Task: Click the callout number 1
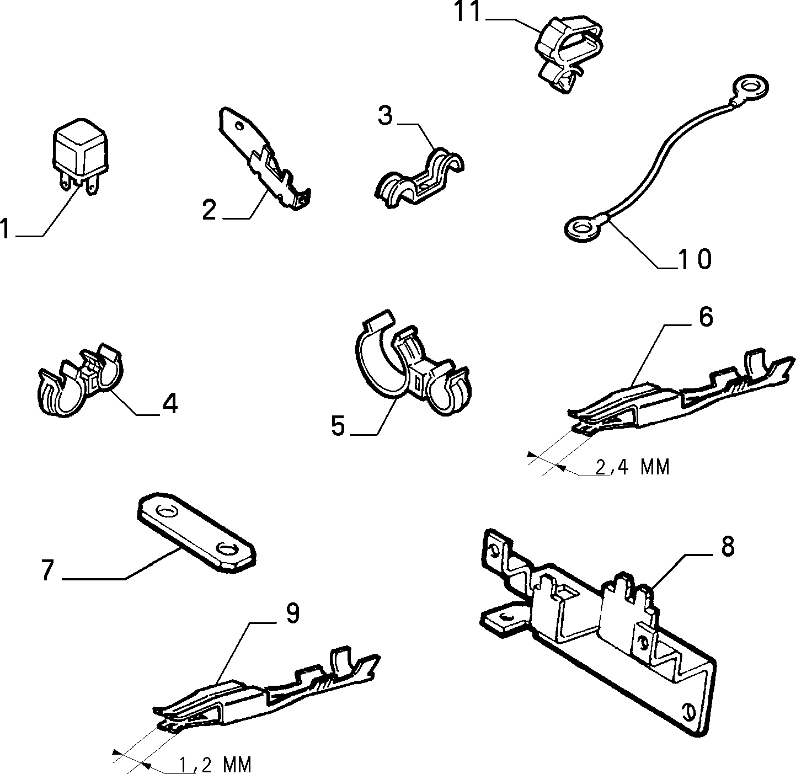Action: (4, 228)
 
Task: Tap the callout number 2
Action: (209, 210)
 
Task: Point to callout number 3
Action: (385, 116)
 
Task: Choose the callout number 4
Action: (170, 403)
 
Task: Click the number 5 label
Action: (338, 426)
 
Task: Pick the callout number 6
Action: (706, 317)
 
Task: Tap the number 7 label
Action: (48, 570)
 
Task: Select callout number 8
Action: (728, 547)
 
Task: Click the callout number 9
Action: (292, 613)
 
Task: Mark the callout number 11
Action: (467, 12)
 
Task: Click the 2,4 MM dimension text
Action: (632, 467)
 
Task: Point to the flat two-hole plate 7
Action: (195, 532)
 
